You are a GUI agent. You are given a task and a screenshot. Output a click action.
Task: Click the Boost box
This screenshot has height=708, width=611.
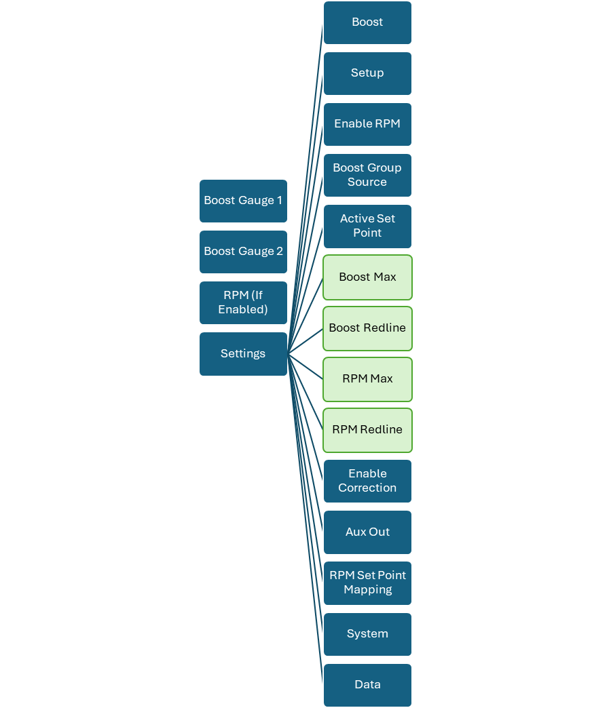pos(367,22)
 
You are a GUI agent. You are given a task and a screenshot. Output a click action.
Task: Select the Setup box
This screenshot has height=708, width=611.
pos(367,74)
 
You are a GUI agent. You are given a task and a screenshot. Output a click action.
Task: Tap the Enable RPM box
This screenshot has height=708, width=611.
pos(367,124)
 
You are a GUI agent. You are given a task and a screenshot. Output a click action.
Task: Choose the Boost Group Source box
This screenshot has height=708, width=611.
pos(367,175)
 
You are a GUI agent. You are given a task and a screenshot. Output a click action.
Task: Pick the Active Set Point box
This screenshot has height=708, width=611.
pos(367,227)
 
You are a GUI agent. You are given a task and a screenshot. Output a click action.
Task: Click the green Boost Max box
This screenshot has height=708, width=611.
pos(367,277)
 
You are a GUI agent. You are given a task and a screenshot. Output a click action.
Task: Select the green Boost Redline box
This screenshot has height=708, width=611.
pos(367,328)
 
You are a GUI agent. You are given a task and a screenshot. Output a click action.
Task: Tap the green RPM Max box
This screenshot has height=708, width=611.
pos(367,379)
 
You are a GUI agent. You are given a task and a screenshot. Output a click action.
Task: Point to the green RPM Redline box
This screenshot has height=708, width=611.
pos(367,431)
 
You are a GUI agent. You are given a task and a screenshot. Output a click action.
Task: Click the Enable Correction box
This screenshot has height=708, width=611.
pos(367,481)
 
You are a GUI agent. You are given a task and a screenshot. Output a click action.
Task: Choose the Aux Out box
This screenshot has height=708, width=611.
pos(367,532)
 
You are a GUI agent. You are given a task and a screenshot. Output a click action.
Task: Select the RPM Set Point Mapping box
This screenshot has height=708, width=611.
pos(367,583)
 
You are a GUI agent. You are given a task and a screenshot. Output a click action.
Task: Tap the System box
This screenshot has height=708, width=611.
pos(367,634)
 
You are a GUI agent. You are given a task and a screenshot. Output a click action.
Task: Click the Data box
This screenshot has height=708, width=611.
pos(367,685)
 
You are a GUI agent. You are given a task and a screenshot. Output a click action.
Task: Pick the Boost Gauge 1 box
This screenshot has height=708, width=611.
pos(243,201)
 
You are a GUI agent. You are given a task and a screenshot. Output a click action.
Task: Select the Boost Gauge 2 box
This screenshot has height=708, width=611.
pos(243,252)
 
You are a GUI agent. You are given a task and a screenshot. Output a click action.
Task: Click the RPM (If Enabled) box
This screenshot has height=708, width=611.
pos(243,302)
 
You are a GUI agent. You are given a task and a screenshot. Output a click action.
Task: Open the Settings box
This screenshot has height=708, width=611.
pos(243,354)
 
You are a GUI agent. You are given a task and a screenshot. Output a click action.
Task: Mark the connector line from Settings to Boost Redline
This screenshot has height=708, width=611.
pos(305,341)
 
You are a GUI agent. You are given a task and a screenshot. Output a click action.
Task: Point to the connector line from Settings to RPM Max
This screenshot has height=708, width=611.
pos(305,367)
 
